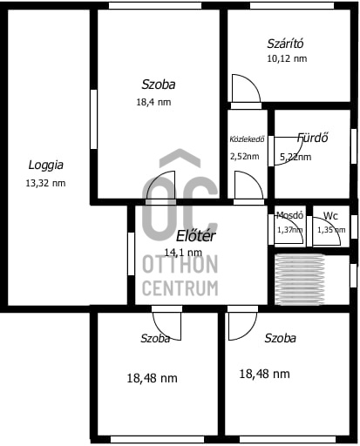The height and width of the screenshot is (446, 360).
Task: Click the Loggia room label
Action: click(x=45, y=164)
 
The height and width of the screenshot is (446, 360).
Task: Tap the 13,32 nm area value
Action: click(x=45, y=183)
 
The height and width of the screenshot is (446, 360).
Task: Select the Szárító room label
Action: click(x=285, y=44)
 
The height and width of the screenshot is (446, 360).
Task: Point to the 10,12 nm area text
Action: click(x=287, y=59)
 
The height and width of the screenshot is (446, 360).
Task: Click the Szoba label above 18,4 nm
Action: click(x=159, y=84)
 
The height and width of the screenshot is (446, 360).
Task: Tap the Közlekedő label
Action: click(x=247, y=139)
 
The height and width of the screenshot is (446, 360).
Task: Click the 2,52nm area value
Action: click(x=244, y=157)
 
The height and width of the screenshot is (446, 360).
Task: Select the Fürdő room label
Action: click(x=312, y=138)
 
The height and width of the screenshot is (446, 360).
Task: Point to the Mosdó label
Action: click(x=289, y=215)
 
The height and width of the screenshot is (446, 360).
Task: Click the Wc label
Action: click(x=330, y=215)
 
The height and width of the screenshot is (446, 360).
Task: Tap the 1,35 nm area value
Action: click(x=330, y=230)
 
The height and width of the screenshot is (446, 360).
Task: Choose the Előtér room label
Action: click(x=196, y=235)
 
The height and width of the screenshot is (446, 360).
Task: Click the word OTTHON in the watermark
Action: click(x=180, y=264)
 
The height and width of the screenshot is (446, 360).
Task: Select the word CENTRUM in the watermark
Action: click(x=180, y=287)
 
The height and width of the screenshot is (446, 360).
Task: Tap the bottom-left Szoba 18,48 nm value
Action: click(x=152, y=378)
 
